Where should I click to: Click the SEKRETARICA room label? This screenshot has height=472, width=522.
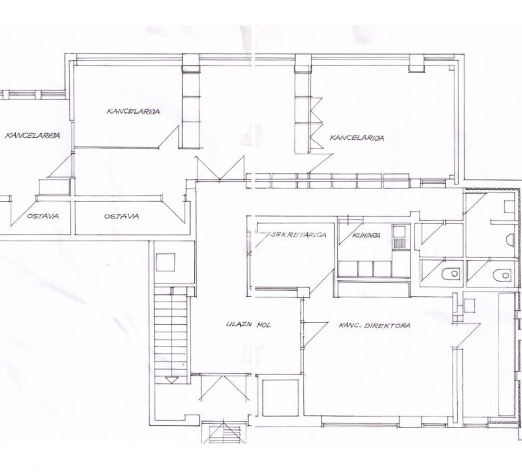click(x=298, y=235)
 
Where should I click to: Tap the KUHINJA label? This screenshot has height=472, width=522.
click(x=366, y=235)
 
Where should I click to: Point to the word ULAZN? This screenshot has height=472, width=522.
click(x=238, y=324)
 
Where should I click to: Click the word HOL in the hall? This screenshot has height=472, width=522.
click(x=264, y=325)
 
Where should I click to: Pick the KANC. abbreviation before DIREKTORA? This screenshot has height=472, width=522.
click(x=350, y=325)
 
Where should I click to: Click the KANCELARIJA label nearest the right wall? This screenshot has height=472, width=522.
click(x=357, y=138)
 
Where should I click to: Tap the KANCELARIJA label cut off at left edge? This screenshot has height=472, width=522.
click(x=33, y=135)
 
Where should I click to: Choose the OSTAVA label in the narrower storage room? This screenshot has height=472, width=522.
click(x=43, y=216)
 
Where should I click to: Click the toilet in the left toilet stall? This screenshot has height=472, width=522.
click(x=451, y=274)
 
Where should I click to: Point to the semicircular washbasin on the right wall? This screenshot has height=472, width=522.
click(x=510, y=240)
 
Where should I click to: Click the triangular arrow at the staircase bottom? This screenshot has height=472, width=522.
click(x=171, y=380)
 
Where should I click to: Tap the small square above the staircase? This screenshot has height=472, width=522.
click(x=165, y=262)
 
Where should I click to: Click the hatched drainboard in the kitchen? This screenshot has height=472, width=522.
click(x=400, y=243)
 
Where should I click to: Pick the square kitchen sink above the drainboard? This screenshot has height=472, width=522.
click(x=400, y=231)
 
